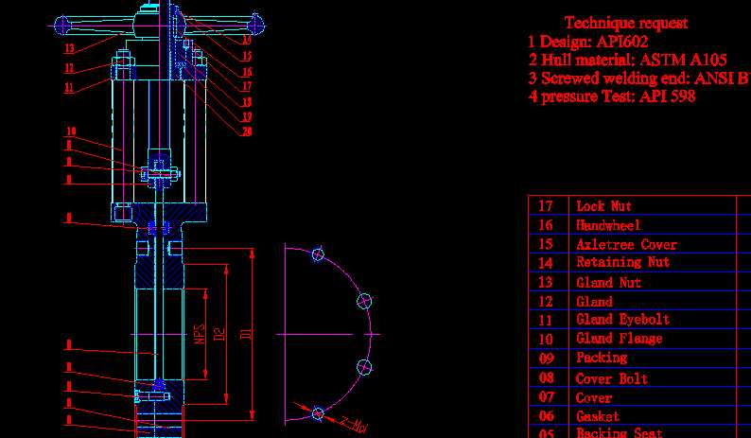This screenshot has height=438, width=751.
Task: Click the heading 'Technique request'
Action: tap(625, 23)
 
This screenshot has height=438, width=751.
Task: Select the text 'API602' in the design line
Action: tap(622, 42)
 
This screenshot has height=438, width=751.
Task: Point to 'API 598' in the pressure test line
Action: tap(668, 96)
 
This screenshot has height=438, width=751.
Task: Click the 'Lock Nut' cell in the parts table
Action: tap(603, 205)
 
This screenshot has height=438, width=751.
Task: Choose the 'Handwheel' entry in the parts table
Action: tap(607, 225)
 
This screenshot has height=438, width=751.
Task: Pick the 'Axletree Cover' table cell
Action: tap(626, 244)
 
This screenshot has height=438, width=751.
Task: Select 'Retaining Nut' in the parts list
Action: tap(622, 262)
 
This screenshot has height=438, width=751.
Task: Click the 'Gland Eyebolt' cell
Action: tap(622, 320)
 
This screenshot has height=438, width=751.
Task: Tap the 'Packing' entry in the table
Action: tap(602, 358)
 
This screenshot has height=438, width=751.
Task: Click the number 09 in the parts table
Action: tap(547, 359)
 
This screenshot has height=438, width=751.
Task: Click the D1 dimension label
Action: tap(246, 332)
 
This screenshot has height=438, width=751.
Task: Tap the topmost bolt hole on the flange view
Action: tap(318, 254)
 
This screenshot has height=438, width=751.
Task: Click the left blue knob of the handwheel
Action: tap(62, 25)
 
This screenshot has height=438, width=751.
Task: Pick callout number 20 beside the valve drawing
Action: tap(246, 131)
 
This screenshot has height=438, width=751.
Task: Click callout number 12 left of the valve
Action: tap(69, 68)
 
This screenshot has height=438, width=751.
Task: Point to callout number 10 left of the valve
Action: tap(70, 131)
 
